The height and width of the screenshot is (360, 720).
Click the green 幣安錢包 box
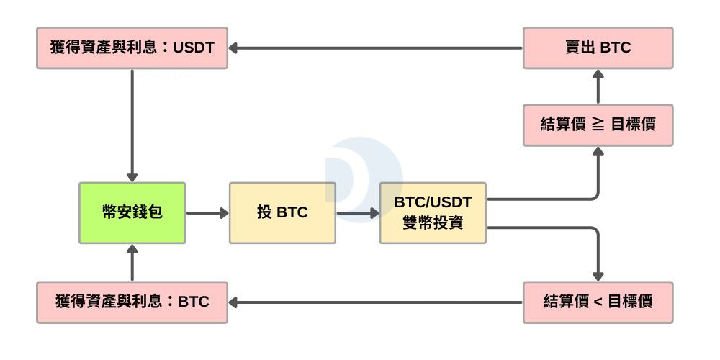[132, 212]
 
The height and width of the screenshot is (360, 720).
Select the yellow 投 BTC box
[282, 212]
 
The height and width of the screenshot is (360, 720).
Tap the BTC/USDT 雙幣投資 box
[433, 212]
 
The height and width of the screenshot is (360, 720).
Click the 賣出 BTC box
[598, 48]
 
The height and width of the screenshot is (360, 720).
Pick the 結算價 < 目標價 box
[598, 302]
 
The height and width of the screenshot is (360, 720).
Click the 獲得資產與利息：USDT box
[132, 48]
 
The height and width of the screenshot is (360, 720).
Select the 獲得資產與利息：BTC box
[132, 302]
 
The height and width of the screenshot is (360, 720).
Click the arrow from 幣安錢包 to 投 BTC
[207, 213]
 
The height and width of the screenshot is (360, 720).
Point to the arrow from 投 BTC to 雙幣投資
[358, 213]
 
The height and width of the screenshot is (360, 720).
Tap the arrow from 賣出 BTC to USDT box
[374, 48]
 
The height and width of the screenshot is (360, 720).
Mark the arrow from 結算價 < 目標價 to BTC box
[374, 302]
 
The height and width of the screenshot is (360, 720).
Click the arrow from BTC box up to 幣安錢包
[132, 262]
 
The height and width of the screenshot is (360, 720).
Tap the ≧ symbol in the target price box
[598, 124]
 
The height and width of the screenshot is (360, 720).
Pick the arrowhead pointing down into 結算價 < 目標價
[598, 275]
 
